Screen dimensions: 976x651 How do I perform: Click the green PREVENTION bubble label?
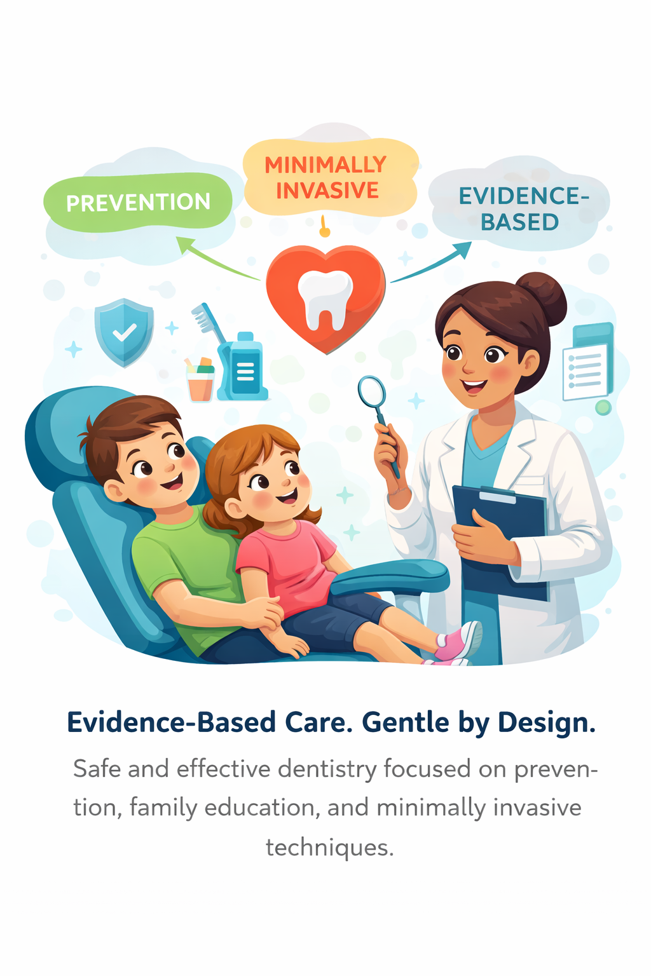point(138,203)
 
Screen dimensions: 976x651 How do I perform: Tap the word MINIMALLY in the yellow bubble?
point(325,165)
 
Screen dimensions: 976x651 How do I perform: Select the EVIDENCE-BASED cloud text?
point(521,209)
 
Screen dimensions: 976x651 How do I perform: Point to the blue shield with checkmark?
point(124,332)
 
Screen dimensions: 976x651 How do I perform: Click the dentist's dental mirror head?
point(371,391)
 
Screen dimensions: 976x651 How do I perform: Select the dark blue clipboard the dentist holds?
point(502,540)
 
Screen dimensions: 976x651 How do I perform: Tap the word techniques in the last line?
point(329,847)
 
